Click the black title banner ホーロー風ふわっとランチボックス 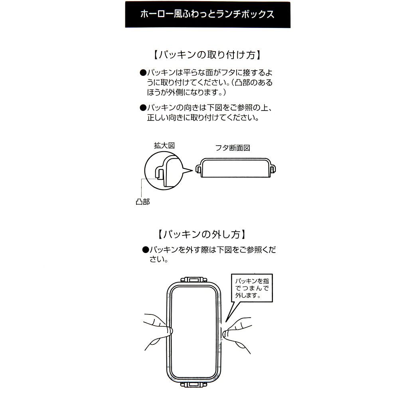(207, 14)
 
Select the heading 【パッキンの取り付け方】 (207, 55)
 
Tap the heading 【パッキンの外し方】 (202, 234)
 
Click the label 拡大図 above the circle (164, 146)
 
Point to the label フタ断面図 (233, 148)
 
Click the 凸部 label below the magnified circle (142, 202)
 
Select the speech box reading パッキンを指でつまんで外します (252, 288)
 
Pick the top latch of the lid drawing (194, 280)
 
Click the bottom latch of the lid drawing (194, 384)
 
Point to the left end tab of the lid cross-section (198, 169)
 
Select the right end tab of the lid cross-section (273, 169)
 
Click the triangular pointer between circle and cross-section (187, 170)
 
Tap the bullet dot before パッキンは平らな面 (143, 73)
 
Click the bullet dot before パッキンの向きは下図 (143, 108)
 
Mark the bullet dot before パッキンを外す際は (145, 250)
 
